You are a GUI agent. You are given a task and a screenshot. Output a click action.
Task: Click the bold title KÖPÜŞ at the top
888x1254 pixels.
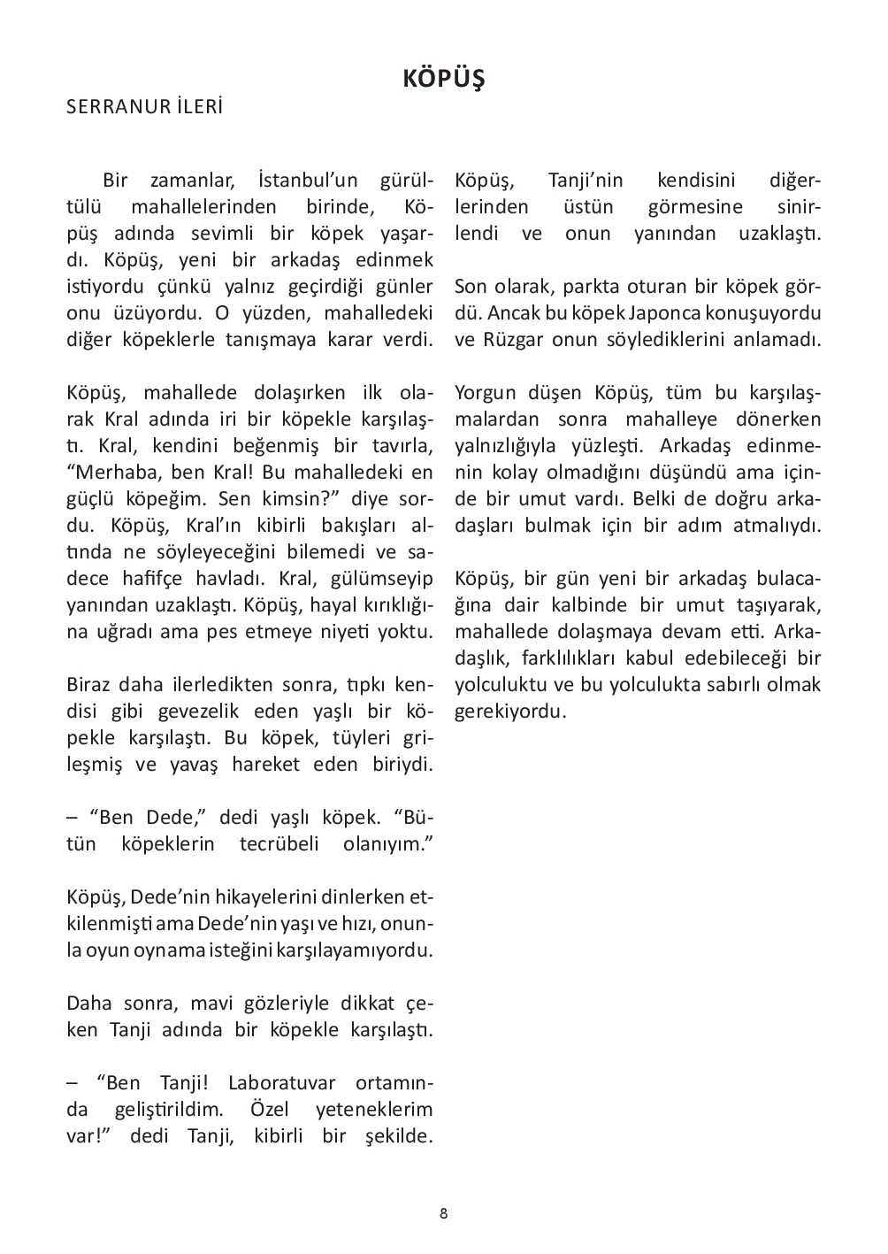click(444, 79)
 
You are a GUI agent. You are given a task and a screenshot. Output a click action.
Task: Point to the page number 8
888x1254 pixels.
click(443, 1213)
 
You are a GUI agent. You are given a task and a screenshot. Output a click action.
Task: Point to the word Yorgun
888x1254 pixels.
click(485, 393)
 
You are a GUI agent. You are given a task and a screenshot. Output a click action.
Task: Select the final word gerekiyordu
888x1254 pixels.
click(509, 712)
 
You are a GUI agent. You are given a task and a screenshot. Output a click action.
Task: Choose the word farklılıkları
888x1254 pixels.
click(576, 658)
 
